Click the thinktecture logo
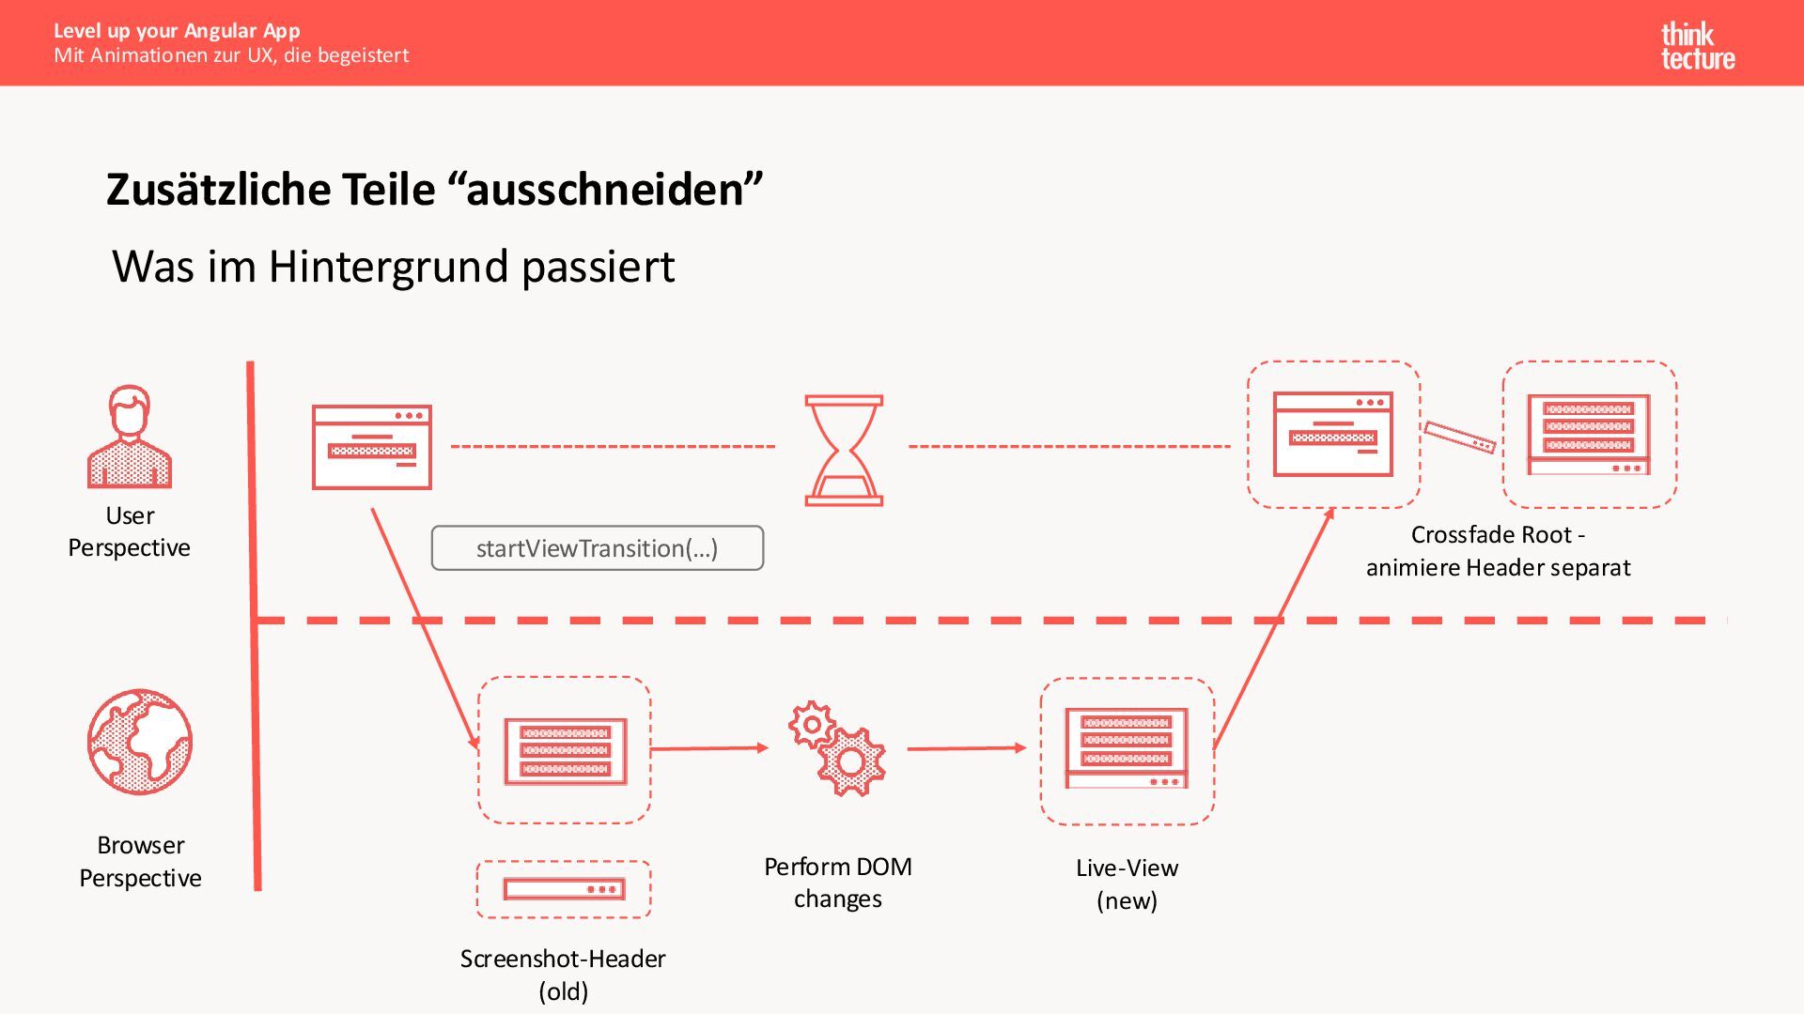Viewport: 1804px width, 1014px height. [x=1697, y=46]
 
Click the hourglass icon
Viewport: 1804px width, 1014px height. [x=844, y=451]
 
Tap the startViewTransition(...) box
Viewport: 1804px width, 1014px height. [x=598, y=548]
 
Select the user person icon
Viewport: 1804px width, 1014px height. [x=130, y=437]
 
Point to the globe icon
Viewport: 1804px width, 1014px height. [x=140, y=742]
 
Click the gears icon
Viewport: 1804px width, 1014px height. [x=837, y=748]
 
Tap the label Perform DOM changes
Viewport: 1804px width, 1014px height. [x=837, y=883]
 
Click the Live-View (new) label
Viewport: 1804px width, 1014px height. [x=1127, y=883]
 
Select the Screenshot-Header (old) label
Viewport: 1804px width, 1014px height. [x=563, y=975]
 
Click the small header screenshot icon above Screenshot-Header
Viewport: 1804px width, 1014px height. [x=564, y=889]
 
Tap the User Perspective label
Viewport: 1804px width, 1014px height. [x=130, y=531]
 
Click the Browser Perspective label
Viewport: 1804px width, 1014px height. [x=140, y=861]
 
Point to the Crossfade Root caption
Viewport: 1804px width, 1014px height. [x=1498, y=550]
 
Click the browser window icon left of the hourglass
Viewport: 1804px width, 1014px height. [x=372, y=447]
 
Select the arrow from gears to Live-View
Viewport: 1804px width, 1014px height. [x=967, y=748]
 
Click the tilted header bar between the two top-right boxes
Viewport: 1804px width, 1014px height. [x=1459, y=437]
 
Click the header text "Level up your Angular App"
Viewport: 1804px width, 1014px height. [x=177, y=30]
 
